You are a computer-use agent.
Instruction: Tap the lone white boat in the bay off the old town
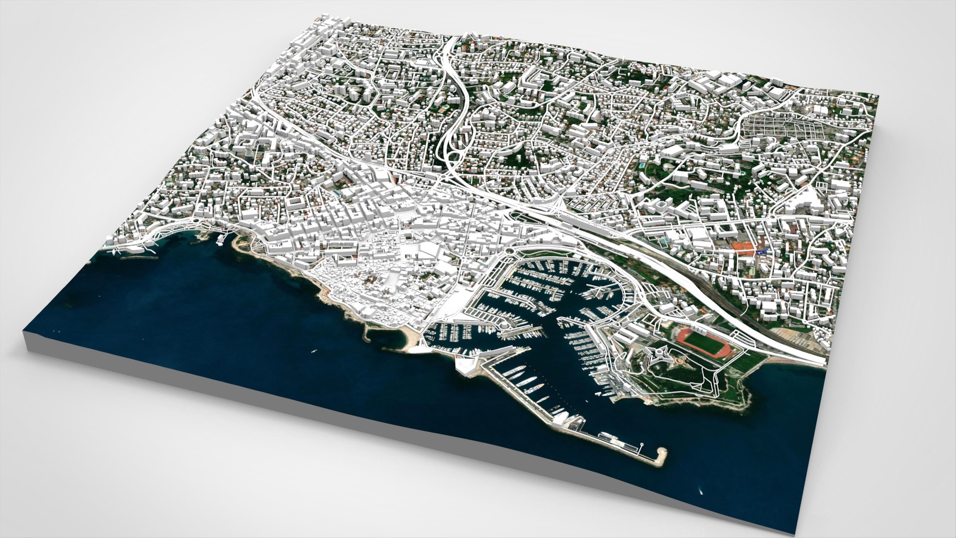[314, 351]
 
